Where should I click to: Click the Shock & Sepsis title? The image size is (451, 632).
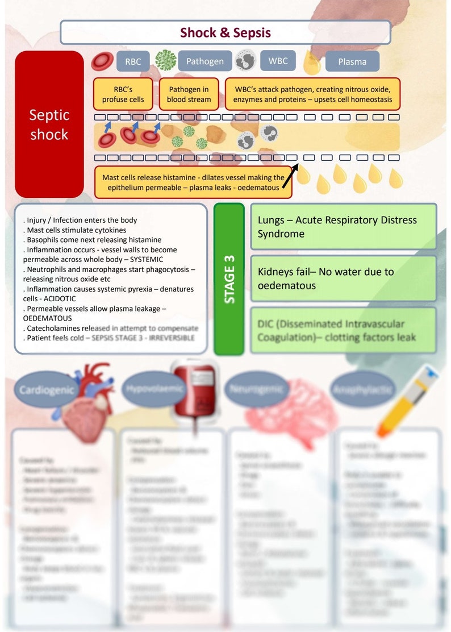[x=225, y=32]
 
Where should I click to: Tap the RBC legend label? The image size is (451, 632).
[x=133, y=61]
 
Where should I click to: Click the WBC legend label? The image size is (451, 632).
[x=277, y=60]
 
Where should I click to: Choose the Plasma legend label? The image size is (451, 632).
[x=352, y=61]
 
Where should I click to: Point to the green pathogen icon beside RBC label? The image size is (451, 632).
[x=166, y=60]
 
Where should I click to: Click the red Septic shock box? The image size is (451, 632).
[x=49, y=124]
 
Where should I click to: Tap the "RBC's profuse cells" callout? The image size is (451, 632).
[x=123, y=94]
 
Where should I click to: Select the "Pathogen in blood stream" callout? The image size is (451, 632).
[x=189, y=94]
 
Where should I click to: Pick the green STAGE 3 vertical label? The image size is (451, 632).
[x=229, y=278]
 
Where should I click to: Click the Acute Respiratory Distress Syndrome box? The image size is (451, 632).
[x=343, y=227]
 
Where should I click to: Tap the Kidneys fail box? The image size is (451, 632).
[x=343, y=278]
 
